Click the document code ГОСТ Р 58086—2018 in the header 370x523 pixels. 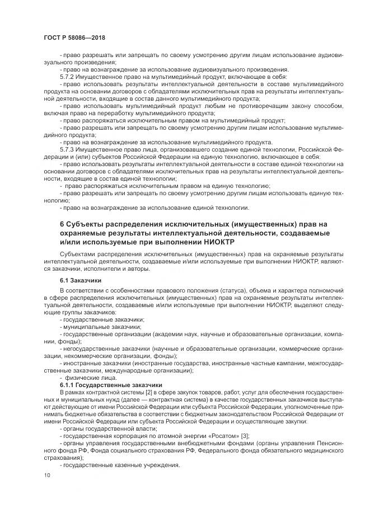pos(74,37)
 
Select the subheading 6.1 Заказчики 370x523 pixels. pos(81,280)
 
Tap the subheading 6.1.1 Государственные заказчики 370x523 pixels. pos(110,385)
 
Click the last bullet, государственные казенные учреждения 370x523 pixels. pos(113,465)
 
